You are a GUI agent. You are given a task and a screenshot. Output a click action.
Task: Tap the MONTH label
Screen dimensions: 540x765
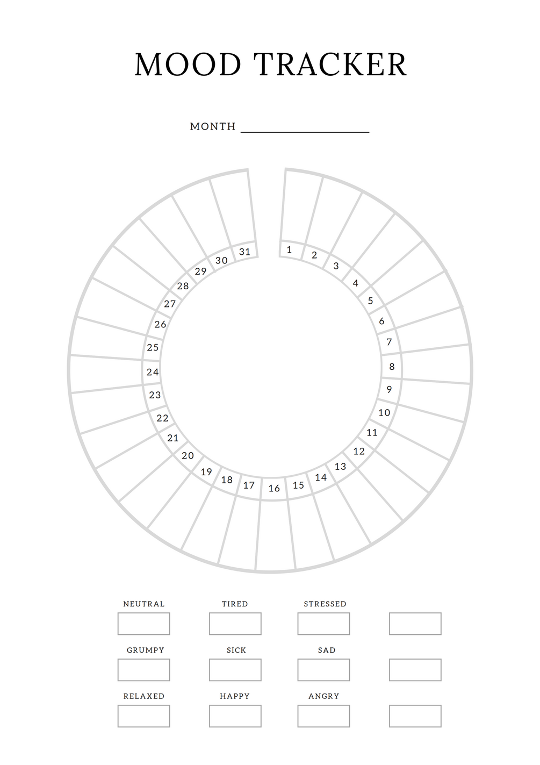tap(213, 126)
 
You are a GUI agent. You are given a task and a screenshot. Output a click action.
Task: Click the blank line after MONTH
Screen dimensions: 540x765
tap(305, 132)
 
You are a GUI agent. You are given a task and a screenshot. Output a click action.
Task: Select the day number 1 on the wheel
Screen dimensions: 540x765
tap(289, 249)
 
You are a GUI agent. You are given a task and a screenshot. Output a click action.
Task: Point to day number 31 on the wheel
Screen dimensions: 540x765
tap(244, 252)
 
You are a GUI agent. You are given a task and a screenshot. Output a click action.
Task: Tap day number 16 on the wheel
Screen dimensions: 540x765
tap(274, 488)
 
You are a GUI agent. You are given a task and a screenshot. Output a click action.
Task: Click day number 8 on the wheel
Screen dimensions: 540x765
tap(392, 367)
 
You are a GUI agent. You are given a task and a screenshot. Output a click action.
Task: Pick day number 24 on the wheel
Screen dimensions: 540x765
tap(153, 372)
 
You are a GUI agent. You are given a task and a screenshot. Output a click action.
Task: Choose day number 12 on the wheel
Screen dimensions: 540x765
tap(359, 452)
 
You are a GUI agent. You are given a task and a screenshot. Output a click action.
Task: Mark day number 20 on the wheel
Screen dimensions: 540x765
tap(188, 455)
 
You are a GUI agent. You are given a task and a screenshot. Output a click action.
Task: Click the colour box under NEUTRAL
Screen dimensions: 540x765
tap(143, 624)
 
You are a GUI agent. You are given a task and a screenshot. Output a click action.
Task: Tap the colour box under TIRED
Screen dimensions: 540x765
tap(235, 624)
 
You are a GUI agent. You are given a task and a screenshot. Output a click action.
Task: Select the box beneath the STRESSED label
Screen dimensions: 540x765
tap(323, 624)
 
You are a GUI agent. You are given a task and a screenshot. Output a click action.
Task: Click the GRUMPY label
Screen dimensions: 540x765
tap(146, 650)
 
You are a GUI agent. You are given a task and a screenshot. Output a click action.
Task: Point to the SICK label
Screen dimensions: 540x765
tap(236, 650)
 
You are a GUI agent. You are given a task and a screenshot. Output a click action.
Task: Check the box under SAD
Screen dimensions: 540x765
tap(323, 670)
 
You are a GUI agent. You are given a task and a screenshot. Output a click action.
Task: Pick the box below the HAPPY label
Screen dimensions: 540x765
tap(235, 716)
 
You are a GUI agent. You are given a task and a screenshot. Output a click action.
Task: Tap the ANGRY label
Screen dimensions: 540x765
tap(323, 696)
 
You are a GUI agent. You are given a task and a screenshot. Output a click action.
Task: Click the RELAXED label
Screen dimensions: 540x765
tap(143, 696)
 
